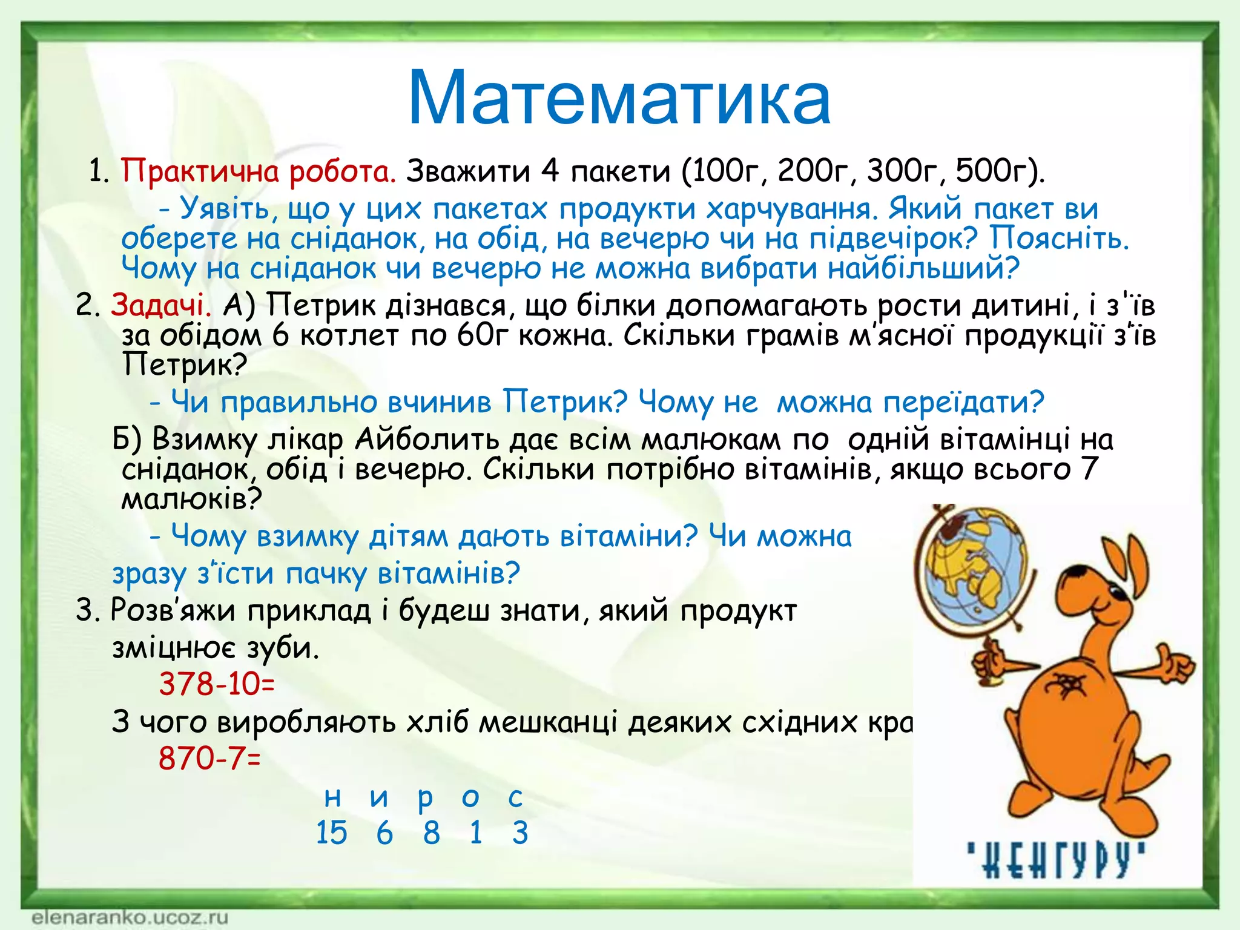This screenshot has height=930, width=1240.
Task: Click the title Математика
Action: point(619,99)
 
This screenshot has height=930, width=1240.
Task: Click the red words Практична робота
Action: point(259,172)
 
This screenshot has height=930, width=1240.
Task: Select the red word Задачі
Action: point(160,305)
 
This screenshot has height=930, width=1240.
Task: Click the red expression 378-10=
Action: point(217,684)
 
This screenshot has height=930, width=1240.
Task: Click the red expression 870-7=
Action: point(209,758)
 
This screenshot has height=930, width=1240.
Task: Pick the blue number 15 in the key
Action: point(331,833)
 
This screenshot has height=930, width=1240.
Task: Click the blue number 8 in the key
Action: point(431,833)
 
